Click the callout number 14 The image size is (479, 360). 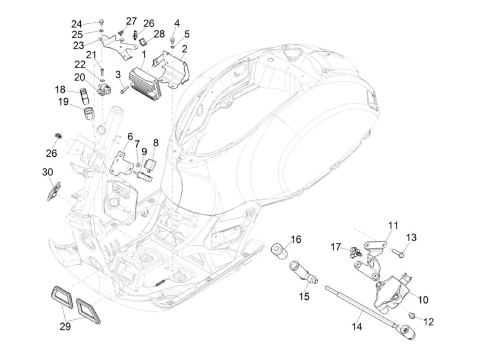[x=357, y=327]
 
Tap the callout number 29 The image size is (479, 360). [x=65, y=326]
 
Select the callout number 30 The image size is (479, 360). [x=48, y=172]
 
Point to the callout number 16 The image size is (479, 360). [x=296, y=239]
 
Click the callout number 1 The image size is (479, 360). [x=144, y=54]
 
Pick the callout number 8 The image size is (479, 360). [x=156, y=143]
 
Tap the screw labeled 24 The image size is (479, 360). [x=102, y=23]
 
